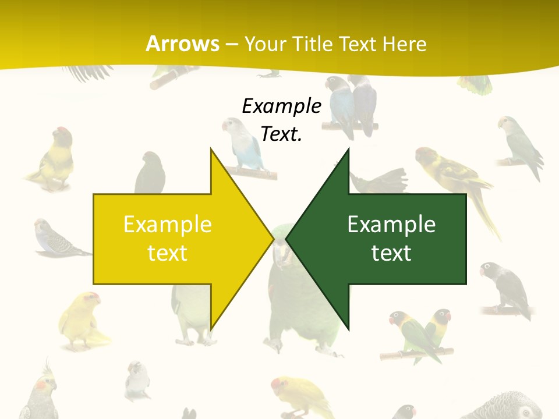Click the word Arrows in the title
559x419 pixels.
182,44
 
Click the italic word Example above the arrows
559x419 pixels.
281,106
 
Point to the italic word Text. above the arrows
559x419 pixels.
281,134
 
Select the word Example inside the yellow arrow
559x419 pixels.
168,224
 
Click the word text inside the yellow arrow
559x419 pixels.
168,253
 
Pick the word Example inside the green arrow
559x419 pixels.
391,224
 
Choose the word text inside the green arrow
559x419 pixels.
391,253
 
